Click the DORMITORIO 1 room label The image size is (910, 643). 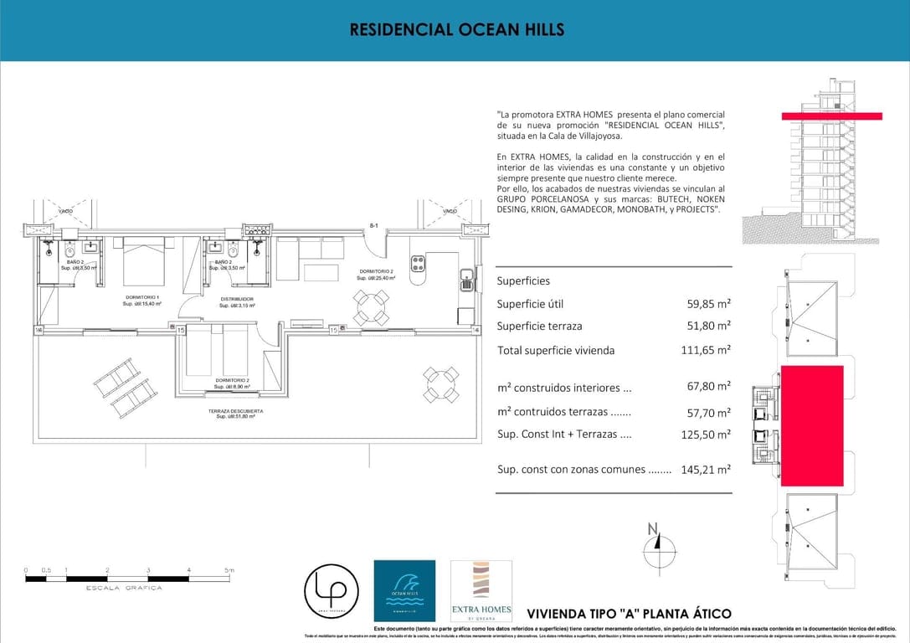pos(142,298)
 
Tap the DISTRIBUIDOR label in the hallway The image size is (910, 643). pos(237,299)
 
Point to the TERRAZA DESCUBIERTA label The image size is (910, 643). pos(235,411)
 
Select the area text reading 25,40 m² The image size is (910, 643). pos(376,278)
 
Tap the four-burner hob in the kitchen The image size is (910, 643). pos(417,265)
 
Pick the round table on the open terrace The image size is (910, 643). pos(440,384)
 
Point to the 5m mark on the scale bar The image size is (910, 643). pos(229,570)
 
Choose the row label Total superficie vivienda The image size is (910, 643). pos(555,350)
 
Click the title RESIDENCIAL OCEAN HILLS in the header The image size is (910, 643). pos(456,29)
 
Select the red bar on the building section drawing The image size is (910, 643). pos(830,116)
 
